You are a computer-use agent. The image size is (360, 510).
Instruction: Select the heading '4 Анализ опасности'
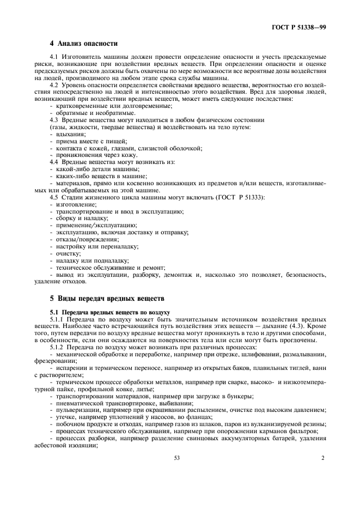[x=83, y=44]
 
